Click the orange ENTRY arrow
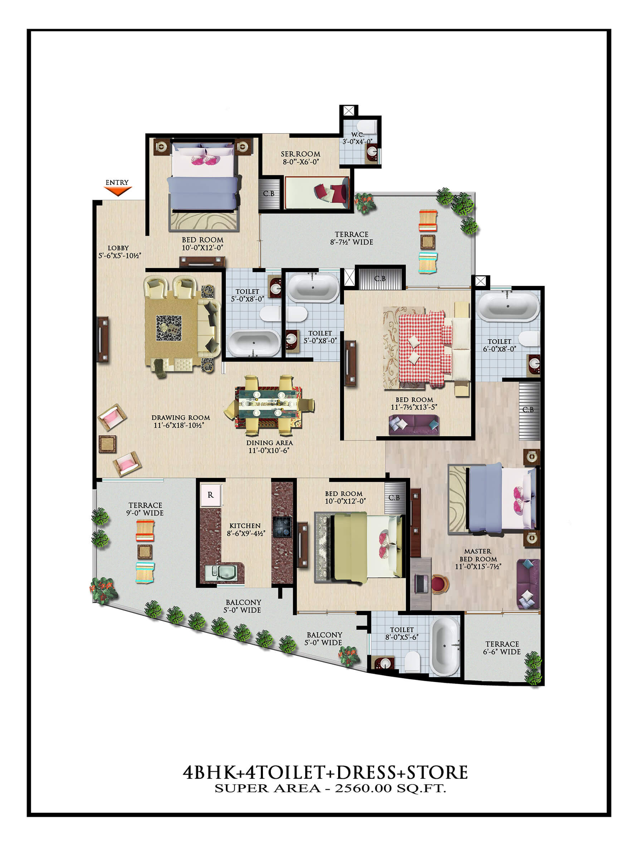click(x=118, y=190)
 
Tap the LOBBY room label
click(x=118, y=248)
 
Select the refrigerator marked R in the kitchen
click(x=210, y=495)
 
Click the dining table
click(x=268, y=406)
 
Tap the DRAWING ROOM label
click(x=181, y=418)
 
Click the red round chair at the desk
click(x=440, y=584)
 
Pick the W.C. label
click(x=358, y=135)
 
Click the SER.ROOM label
click(x=301, y=154)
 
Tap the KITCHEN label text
click(x=245, y=526)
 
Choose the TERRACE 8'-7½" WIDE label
click(x=351, y=238)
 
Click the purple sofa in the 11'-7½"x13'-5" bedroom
click(x=414, y=425)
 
